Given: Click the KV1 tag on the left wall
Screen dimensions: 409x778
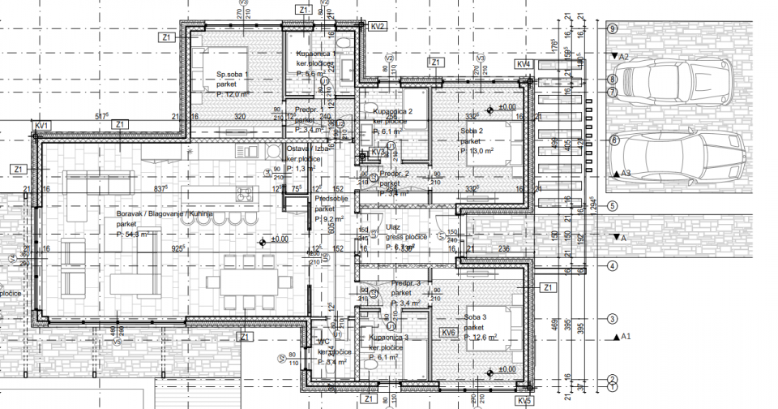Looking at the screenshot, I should [43, 125].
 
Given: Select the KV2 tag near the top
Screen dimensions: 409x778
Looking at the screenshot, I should [378, 27].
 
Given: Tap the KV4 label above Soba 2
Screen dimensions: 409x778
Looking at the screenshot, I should [524, 63].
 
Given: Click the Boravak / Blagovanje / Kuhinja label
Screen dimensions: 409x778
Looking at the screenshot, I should [169, 213].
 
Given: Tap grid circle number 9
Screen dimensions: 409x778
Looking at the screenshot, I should [613, 28].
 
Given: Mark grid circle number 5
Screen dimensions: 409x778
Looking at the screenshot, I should [613, 206].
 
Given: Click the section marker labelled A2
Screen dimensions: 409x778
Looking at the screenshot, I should [622, 58].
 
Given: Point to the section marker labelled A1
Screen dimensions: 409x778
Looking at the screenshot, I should [624, 335].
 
